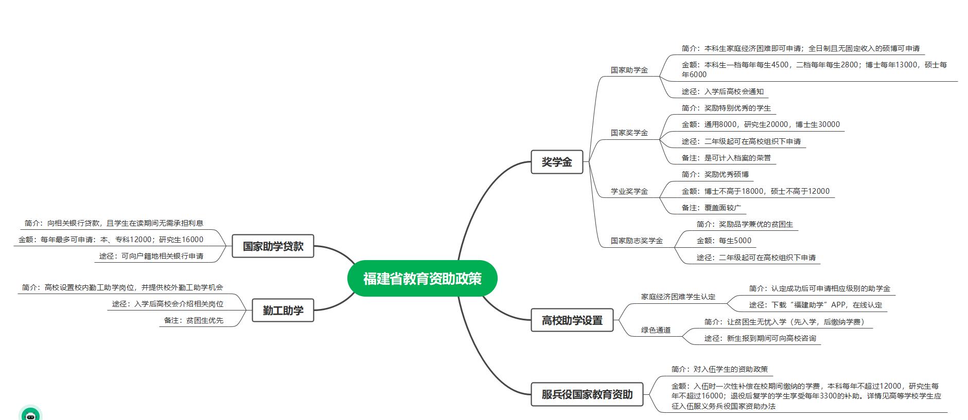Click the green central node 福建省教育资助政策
[422, 279]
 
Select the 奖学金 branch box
[557, 162]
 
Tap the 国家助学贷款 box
[273, 246]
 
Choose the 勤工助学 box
[283, 311]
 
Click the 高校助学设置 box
[572, 320]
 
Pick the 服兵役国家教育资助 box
[587, 394]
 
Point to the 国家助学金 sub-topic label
[629, 70]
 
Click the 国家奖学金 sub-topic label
[629, 133]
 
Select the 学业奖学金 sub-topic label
[629, 191]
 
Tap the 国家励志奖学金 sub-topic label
[637, 241]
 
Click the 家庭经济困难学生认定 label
[678, 297]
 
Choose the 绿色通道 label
[656, 330]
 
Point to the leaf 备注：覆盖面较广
[711, 208]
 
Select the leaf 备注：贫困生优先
[193, 320]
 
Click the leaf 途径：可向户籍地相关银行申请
[151, 256]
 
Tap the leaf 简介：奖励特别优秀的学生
[726, 108]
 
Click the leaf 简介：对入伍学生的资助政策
[719, 369]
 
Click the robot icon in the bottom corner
[30, 414]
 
